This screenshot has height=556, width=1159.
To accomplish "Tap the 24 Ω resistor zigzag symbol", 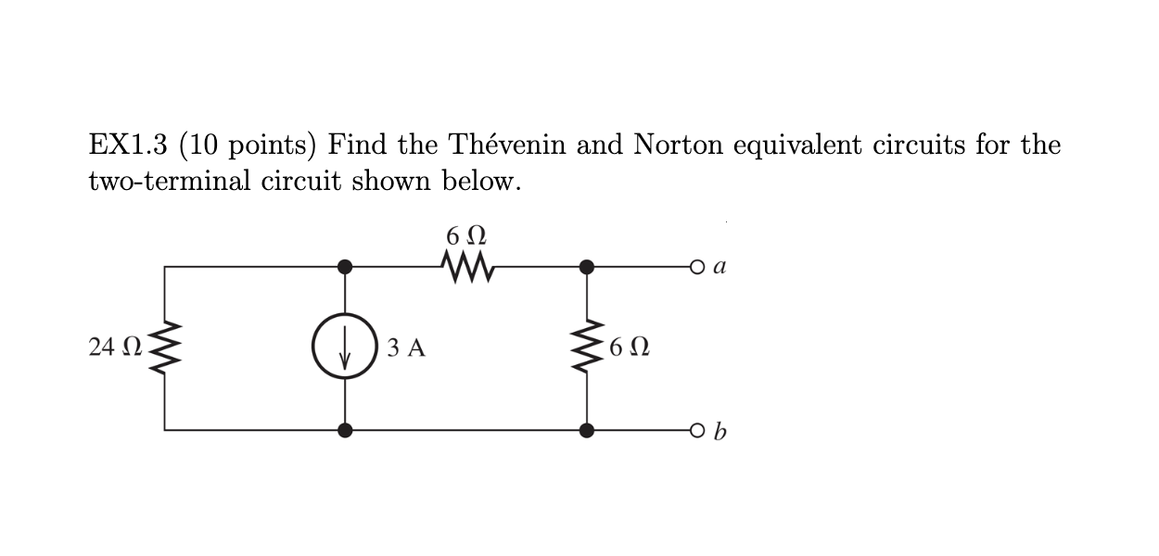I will coord(165,347).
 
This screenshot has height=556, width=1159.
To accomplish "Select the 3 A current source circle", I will coord(345,348).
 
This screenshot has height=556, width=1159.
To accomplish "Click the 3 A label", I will coord(406,348).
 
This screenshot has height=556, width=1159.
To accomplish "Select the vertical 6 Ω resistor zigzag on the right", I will coord(586,348).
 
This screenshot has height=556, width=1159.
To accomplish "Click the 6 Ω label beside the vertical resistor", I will coord(630,348).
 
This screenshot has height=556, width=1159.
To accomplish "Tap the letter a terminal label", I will coord(721,267).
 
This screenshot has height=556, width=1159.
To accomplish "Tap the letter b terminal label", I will coord(721,431).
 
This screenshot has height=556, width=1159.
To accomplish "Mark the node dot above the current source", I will coord(345,267).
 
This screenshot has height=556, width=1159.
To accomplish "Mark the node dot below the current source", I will coord(345,431).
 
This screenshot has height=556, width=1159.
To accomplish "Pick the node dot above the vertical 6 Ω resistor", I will coord(586,267).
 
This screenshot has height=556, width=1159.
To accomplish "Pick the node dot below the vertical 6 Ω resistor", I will coord(586,431).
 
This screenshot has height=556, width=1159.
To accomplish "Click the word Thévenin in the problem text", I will coord(507,145).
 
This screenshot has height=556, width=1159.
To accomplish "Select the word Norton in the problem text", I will coord(682,145).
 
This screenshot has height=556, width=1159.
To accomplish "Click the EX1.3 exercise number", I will coord(128,145).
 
